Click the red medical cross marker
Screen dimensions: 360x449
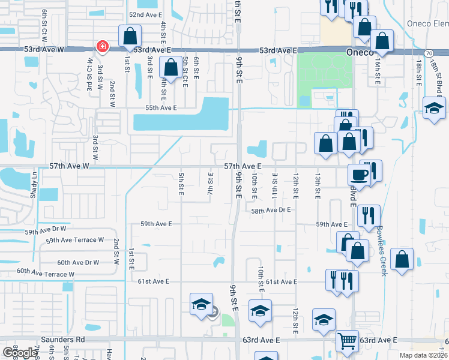tap(103, 46)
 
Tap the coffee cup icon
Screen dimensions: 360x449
tap(359, 174)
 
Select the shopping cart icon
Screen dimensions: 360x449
tap(346, 340)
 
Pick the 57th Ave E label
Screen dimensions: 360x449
tap(243, 166)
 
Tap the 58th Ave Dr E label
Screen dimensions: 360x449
tap(271, 211)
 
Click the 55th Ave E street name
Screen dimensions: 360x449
tap(161, 108)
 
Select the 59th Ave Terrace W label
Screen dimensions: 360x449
tap(70, 241)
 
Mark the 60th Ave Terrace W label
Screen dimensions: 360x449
tap(46, 273)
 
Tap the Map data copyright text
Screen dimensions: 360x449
tap(424, 355)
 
